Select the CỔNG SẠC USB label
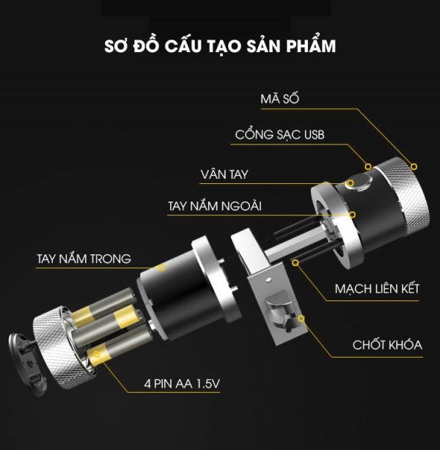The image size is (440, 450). [x=279, y=136]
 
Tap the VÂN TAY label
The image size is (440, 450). [x=224, y=174]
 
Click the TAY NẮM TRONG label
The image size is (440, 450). [x=84, y=259]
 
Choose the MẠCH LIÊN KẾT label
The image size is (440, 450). [x=377, y=288]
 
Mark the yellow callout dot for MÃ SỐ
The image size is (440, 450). [x=414, y=166]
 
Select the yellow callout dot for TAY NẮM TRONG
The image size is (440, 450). [x=162, y=268]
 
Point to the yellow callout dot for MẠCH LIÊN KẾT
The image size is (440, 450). [x=296, y=260]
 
